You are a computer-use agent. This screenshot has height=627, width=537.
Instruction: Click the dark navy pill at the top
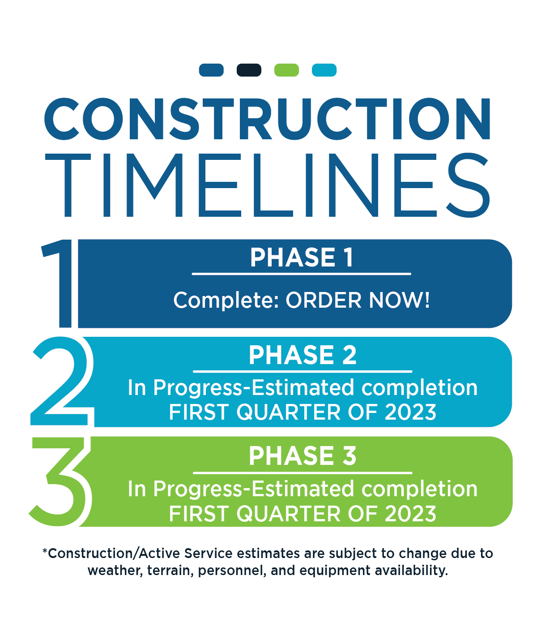[x=249, y=70]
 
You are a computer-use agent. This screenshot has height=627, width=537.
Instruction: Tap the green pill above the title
[x=286, y=70]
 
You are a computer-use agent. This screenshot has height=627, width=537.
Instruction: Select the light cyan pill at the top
[x=324, y=70]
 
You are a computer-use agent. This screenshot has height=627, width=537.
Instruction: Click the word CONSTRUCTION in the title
[x=267, y=119]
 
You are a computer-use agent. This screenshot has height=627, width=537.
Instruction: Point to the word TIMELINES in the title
[x=267, y=185]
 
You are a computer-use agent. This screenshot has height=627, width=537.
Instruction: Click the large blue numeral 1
[x=57, y=283]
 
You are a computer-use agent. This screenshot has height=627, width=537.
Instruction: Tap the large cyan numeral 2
[x=62, y=381]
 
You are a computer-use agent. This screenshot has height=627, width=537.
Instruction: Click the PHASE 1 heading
[x=302, y=258]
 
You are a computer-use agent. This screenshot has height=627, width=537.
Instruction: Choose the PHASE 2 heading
[x=302, y=355]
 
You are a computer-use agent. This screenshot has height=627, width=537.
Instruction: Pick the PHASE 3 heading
[x=302, y=456]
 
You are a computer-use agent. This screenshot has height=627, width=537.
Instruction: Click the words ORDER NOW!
[x=358, y=301]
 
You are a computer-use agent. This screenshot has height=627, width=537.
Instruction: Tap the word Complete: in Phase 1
[x=226, y=301]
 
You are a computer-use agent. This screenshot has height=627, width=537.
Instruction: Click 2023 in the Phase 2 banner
[x=410, y=412]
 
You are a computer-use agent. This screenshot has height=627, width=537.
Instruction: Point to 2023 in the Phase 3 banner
[x=410, y=514]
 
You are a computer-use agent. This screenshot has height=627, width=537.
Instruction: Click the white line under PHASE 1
[x=301, y=274]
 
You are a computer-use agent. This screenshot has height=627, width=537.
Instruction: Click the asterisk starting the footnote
[x=45, y=550]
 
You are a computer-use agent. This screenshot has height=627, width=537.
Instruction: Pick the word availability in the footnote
[x=411, y=570]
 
